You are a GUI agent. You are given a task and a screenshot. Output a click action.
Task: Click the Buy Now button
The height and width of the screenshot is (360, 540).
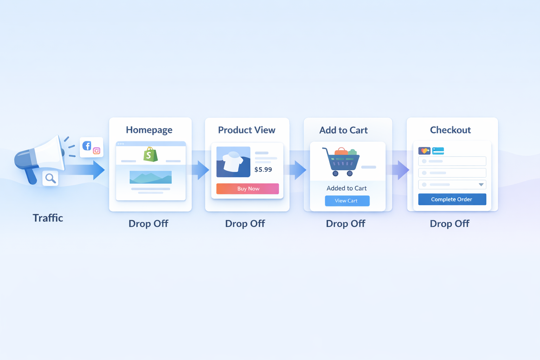click(x=247, y=188)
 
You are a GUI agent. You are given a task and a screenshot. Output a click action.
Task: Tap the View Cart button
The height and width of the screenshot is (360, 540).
click(x=347, y=201)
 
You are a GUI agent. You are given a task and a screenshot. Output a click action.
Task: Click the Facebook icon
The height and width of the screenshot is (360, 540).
click(x=87, y=146)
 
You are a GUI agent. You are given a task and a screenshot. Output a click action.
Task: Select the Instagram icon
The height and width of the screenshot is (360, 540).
click(x=97, y=151)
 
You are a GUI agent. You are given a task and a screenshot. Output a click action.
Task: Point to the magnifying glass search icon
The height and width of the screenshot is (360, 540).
click(x=51, y=179)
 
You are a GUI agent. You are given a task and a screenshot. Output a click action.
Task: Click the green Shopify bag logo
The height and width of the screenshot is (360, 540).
click(x=150, y=154)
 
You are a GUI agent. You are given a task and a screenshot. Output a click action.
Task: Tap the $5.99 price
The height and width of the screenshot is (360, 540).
click(x=263, y=169)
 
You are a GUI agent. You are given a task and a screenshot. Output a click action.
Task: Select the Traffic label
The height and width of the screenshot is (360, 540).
click(x=48, y=218)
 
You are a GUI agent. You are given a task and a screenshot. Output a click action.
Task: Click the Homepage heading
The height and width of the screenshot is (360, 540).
click(x=149, y=130)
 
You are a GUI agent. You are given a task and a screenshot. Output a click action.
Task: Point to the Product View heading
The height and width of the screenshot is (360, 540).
click(x=246, y=130)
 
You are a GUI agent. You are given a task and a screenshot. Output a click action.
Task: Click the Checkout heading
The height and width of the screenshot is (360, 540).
click(x=450, y=130)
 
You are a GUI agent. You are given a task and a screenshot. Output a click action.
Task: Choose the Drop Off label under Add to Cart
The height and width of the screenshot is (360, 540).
click(x=346, y=224)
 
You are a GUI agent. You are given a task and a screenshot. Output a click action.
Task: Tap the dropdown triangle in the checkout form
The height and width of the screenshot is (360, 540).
click(x=481, y=185)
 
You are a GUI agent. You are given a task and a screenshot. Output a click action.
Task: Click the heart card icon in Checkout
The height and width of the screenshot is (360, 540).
click(x=424, y=151)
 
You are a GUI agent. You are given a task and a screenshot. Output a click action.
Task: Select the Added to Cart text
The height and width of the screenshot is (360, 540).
click(x=346, y=188)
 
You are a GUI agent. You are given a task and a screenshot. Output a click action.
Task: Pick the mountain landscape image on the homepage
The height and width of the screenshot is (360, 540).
click(x=151, y=177)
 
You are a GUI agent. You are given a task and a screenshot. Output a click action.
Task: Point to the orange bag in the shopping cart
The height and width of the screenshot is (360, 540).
click(x=341, y=151)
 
